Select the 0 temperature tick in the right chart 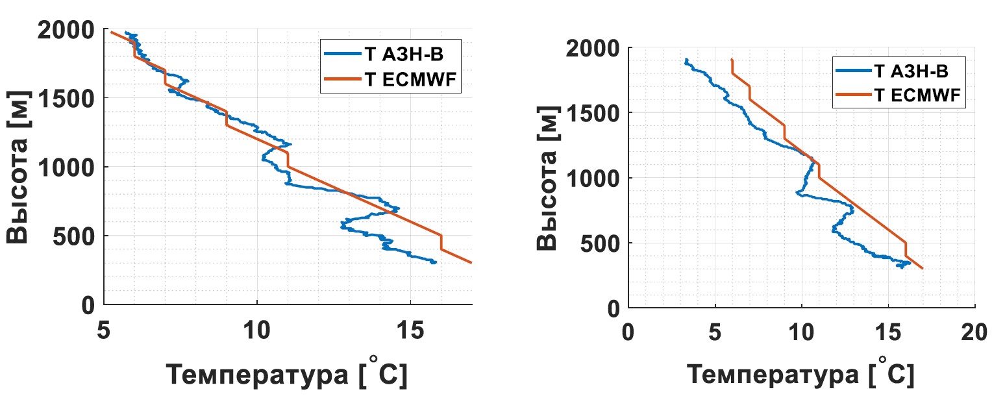coord(628,332)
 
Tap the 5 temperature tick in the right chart coord(715,332)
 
